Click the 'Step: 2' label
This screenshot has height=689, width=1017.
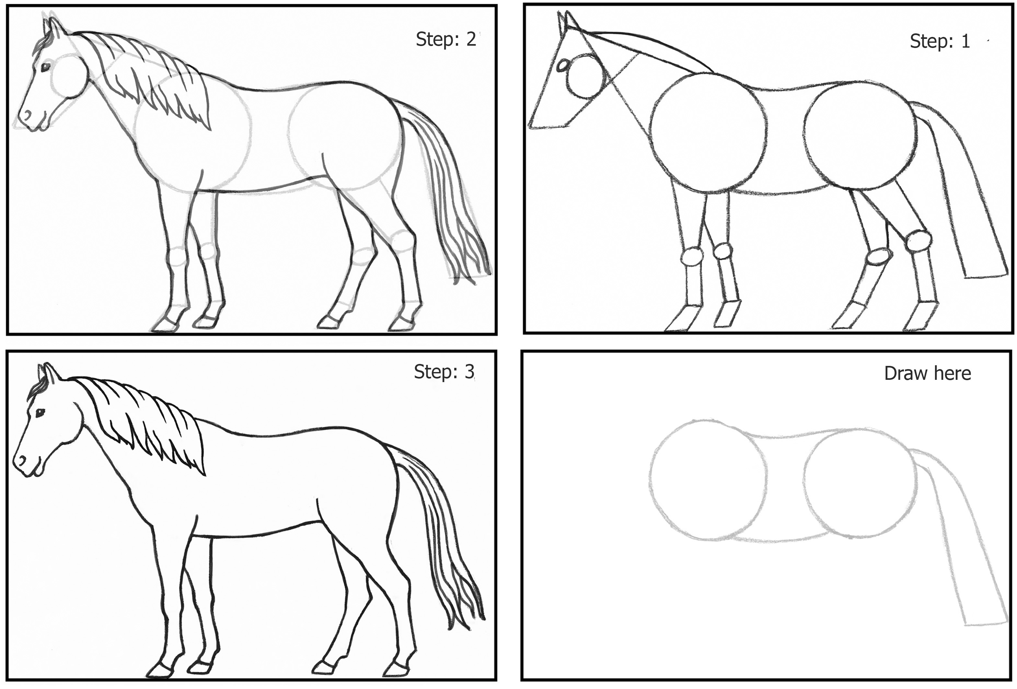[x=445, y=40]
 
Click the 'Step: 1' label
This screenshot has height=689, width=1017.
[x=940, y=41]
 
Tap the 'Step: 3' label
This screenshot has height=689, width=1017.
[x=444, y=372]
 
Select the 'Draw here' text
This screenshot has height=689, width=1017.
[x=928, y=373]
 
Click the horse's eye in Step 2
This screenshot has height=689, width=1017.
[x=45, y=67]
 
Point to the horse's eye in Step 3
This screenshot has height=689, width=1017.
[x=40, y=412]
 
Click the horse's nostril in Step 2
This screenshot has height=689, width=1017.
[x=27, y=115]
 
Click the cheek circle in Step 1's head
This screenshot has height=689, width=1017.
[x=585, y=76]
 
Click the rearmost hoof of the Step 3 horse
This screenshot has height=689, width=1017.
[x=394, y=669]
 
